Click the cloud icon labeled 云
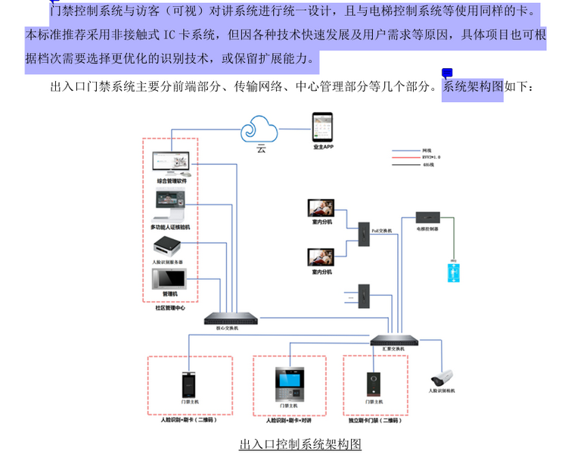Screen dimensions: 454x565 click(262, 130)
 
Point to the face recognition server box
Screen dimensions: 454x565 click(168, 247)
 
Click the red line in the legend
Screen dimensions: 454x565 click(404, 157)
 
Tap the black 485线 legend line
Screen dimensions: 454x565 click(404, 164)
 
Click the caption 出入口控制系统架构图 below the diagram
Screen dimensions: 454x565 click(300, 444)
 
